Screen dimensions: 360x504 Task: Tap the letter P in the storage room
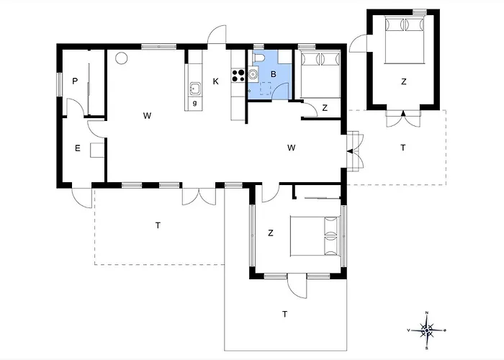click(x=75, y=81)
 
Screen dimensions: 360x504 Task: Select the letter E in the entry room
click(x=77, y=149)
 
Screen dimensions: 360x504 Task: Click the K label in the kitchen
click(x=215, y=81)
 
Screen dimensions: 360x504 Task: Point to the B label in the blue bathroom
click(x=274, y=73)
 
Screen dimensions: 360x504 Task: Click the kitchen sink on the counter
click(x=194, y=89)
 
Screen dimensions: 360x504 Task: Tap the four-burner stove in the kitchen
click(x=238, y=73)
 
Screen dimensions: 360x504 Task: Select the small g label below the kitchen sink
click(x=194, y=104)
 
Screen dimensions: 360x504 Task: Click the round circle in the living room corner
click(x=122, y=58)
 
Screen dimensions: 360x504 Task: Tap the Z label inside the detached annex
click(x=403, y=81)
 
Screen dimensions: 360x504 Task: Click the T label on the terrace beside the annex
click(x=402, y=148)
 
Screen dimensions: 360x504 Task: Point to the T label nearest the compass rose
click(x=284, y=314)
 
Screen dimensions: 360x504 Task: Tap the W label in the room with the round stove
click(x=147, y=115)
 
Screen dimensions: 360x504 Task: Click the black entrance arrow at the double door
click(x=349, y=151)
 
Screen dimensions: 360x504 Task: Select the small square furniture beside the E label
click(x=96, y=150)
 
